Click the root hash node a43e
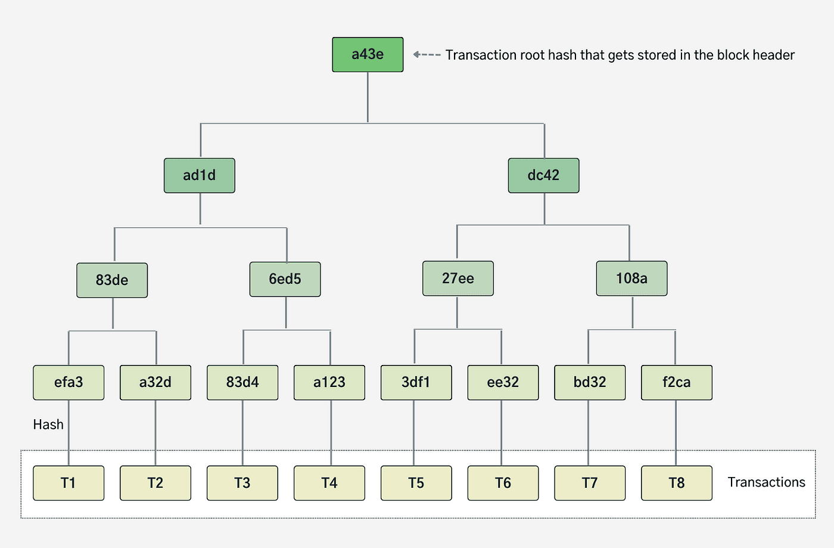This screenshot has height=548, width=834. click(368, 55)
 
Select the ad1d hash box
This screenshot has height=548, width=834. click(200, 175)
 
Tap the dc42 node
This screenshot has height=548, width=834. click(543, 175)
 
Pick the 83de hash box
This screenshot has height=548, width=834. click(112, 280)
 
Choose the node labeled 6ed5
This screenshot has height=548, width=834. click(285, 279)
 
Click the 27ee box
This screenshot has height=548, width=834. click(458, 278)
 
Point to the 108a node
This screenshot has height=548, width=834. click(631, 278)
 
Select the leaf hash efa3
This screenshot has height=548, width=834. click(69, 382)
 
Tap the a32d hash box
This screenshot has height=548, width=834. click(155, 382)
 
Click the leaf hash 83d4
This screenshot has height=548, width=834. click(242, 382)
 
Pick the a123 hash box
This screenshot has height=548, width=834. click(329, 382)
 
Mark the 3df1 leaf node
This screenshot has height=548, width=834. click(416, 382)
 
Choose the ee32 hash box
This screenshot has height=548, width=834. click(503, 382)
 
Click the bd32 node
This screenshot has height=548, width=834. click(590, 382)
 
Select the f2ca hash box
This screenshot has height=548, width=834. click(677, 382)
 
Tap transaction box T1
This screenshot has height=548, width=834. click(69, 483)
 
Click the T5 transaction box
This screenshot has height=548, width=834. click(416, 483)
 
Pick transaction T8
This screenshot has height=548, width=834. click(677, 483)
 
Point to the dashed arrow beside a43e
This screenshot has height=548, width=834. click(427, 55)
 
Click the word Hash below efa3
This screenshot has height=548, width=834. click(48, 425)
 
